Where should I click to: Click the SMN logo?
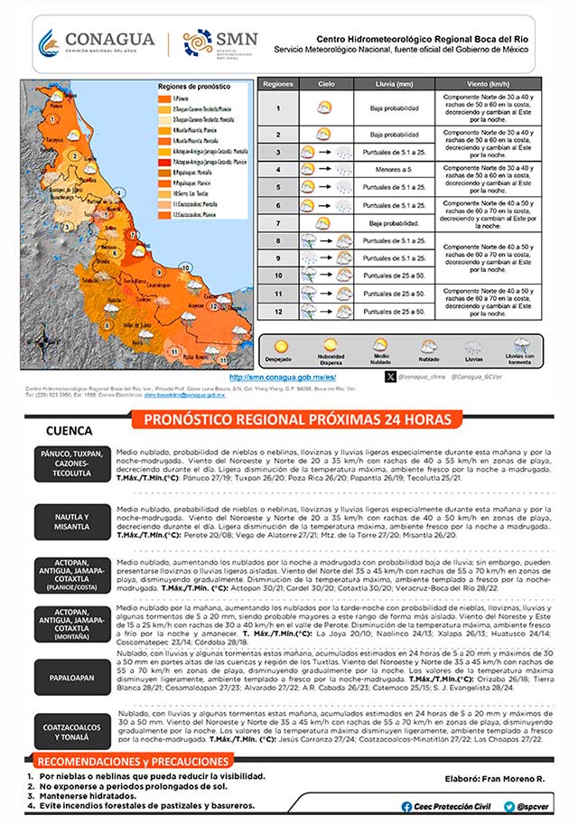pos(220,42)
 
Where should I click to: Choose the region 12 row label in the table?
pos(278,311)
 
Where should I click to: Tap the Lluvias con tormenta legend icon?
pos(521,343)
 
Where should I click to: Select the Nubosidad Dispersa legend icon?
pos(331,343)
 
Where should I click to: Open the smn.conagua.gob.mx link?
pos(283,377)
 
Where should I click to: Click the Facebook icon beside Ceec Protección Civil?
pos(408,805)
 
